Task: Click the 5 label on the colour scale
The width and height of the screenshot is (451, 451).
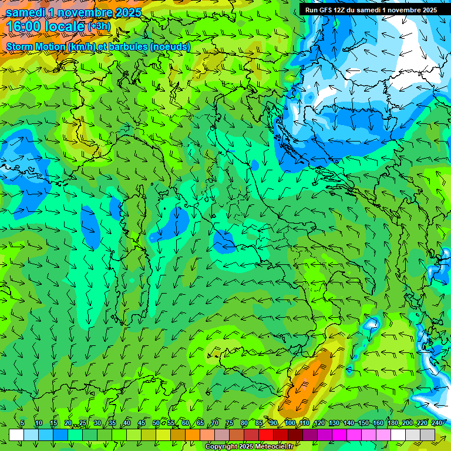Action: [22, 423]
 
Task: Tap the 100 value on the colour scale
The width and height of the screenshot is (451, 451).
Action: [290, 423]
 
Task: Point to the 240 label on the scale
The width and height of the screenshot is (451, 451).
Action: [437, 423]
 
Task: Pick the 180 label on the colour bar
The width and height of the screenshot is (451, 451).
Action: [392, 423]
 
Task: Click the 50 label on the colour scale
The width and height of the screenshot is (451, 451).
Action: [156, 423]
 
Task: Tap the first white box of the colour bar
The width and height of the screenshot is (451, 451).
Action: [16, 435]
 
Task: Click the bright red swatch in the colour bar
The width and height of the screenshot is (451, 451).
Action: [266, 435]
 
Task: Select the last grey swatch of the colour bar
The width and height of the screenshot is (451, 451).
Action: [428, 435]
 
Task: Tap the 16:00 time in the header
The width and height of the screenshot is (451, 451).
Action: [24, 26]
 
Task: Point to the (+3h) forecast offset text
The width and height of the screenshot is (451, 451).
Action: [99, 26]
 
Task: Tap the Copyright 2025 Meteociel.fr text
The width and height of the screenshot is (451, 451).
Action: [249, 447]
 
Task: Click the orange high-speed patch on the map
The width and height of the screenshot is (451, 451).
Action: [305, 382]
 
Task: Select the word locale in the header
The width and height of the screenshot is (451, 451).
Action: [65, 26]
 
